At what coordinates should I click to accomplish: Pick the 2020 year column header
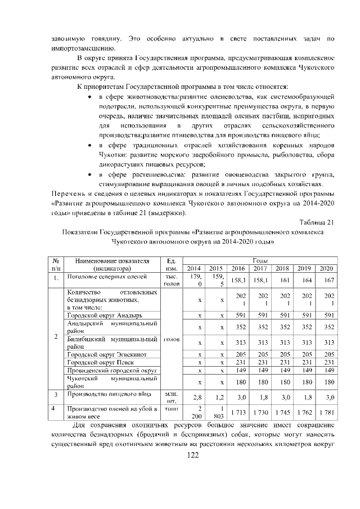click(326, 268)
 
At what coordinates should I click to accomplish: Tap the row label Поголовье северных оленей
click(107, 277)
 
